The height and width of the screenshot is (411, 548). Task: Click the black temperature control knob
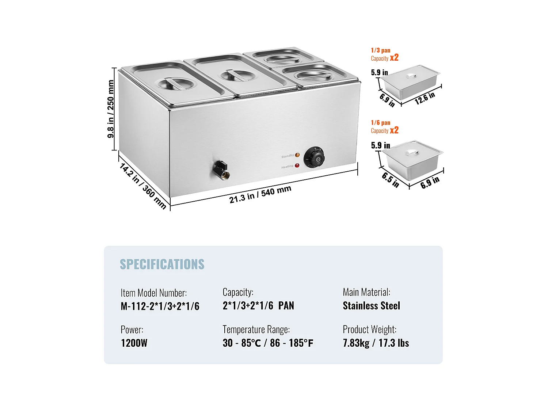coord(314,158)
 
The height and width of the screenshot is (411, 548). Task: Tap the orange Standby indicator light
coord(297,155)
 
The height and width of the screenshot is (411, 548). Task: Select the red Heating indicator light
coord(297,165)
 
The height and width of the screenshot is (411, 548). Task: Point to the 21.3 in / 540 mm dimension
coord(260,194)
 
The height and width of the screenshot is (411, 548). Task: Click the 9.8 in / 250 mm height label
coord(111,109)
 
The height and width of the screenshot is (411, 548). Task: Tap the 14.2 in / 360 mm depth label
coord(143,186)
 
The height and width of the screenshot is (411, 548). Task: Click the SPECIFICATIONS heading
coord(162,264)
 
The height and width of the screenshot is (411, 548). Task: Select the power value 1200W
coord(134,343)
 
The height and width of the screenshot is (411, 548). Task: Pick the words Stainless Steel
coord(371,306)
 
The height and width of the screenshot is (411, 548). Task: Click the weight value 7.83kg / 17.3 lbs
coord(376,343)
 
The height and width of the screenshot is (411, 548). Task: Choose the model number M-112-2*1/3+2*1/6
coord(160,306)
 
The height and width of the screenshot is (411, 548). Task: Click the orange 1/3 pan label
coord(381,50)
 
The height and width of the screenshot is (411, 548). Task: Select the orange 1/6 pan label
coord(381,123)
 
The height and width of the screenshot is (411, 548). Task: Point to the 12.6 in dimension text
coord(425,98)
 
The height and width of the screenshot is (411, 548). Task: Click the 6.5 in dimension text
coord(390,180)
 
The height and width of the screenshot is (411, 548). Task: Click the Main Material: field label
coord(366,292)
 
